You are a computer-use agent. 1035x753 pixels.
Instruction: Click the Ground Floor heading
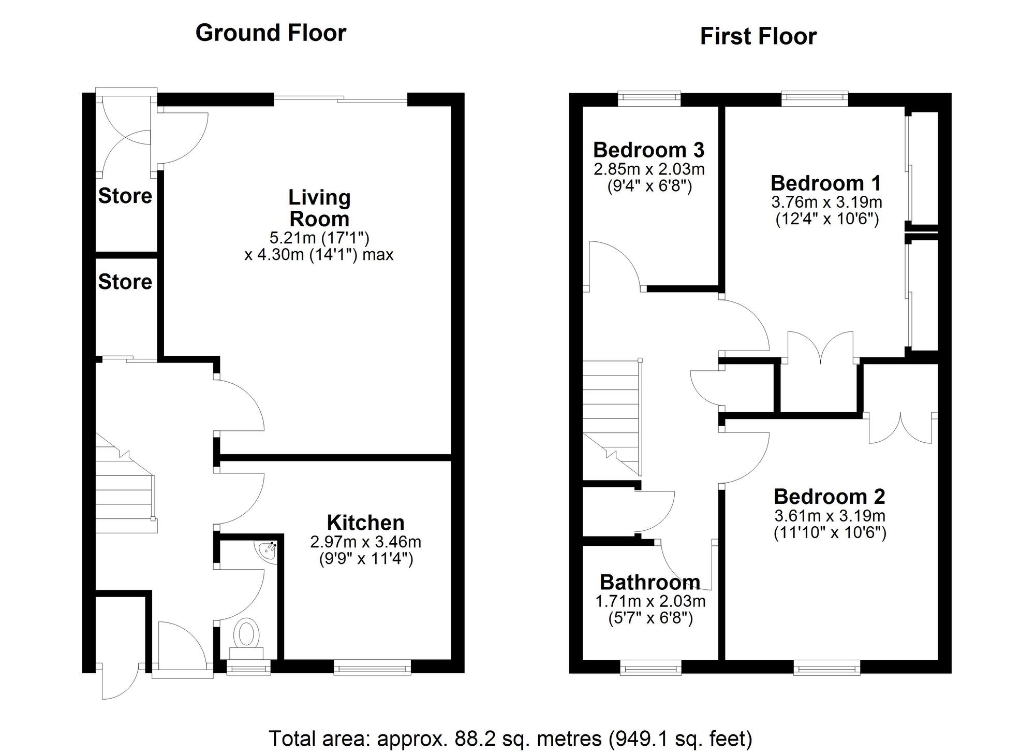click(271, 33)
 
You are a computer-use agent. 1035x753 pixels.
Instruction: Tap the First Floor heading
click(758, 36)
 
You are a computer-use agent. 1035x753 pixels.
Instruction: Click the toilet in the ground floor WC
click(247, 639)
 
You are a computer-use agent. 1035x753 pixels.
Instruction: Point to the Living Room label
click(319, 208)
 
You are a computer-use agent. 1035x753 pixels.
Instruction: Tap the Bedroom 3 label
click(649, 150)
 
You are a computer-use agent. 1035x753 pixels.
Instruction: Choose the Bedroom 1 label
click(826, 183)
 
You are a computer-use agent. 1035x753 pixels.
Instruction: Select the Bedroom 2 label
click(830, 496)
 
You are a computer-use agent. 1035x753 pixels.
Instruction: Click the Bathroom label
click(650, 582)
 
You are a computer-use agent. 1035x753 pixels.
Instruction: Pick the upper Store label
click(125, 196)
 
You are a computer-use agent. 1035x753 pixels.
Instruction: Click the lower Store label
click(125, 282)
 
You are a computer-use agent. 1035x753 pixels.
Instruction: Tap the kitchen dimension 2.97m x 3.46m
click(365, 542)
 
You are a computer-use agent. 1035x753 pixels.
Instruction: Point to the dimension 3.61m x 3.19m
click(830, 516)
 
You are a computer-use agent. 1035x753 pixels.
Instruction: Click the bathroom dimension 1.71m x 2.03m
click(650, 601)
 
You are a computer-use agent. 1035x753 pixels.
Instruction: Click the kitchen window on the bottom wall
click(373, 667)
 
